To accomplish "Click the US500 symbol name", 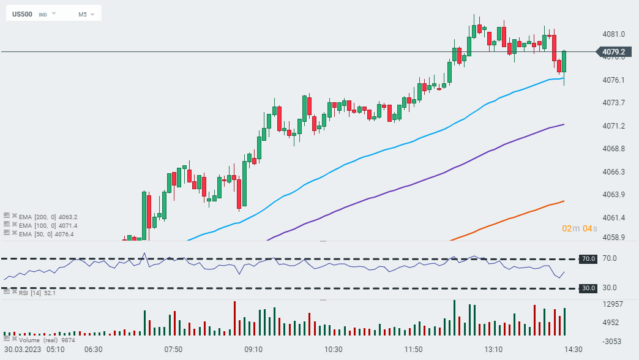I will pyautogui.click(x=23, y=13).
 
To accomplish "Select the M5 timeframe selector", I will pyautogui.click(x=82, y=13).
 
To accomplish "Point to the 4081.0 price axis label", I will pyautogui.click(x=613, y=34).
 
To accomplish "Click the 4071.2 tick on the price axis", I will pyautogui.click(x=613, y=126).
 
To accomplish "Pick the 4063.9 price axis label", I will pyautogui.click(x=613, y=195).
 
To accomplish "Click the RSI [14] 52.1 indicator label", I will pyautogui.click(x=37, y=293).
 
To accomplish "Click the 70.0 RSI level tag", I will pyautogui.click(x=589, y=259).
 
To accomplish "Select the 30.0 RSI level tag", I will pyautogui.click(x=589, y=288).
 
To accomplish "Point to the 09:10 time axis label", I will pyautogui.click(x=253, y=350).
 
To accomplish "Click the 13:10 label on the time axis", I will pyautogui.click(x=493, y=350).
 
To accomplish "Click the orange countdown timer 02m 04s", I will pyautogui.click(x=578, y=228).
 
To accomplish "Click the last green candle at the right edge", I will pyautogui.click(x=564, y=61).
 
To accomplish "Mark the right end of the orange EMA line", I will pyautogui.click(x=563, y=201).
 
